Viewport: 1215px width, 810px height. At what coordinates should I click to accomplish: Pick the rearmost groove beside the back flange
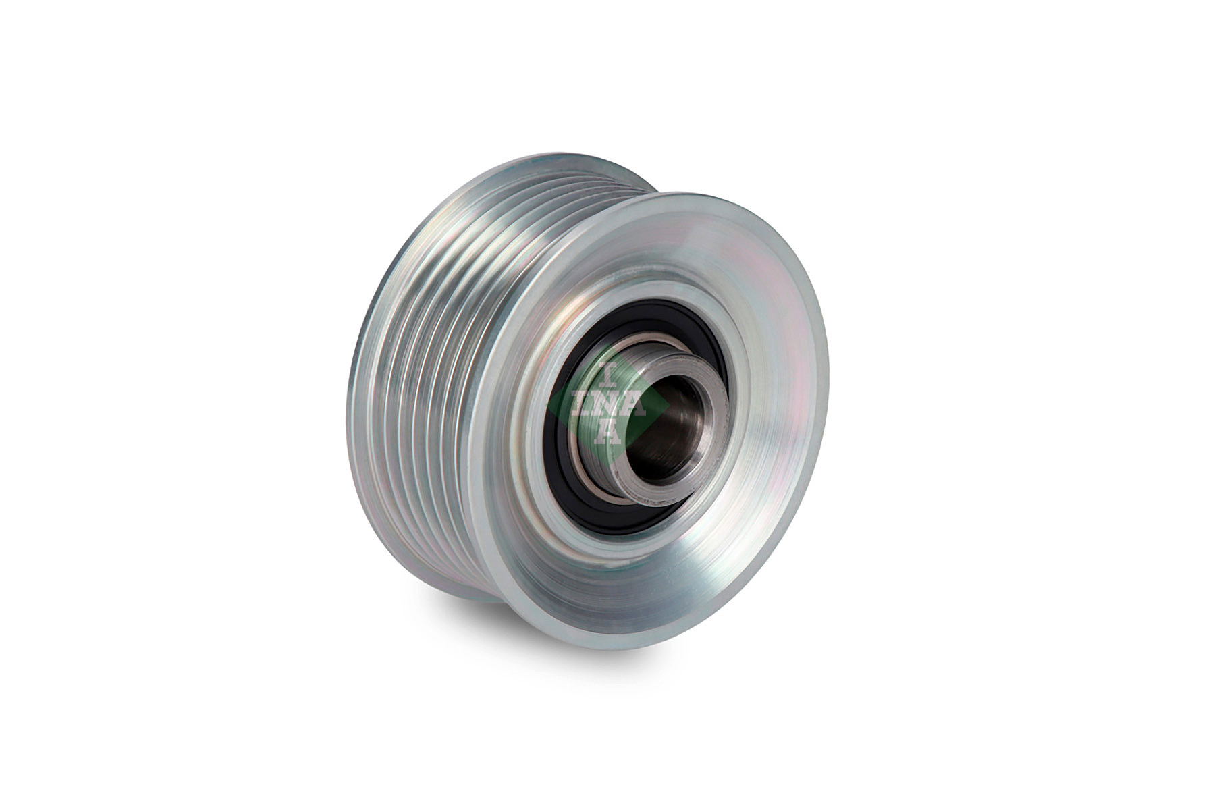pyautogui.click(x=378, y=378)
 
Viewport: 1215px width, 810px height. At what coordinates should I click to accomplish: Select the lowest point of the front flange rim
pyautogui.click(x=607, y=647)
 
